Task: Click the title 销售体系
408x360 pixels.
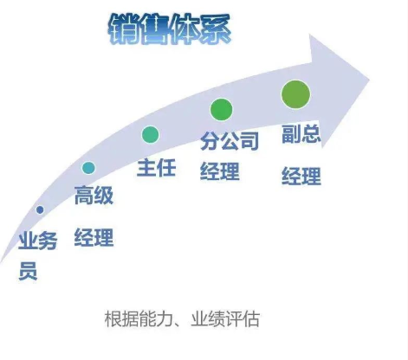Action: pos(170,29)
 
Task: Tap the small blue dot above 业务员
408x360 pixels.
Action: pos(40,209)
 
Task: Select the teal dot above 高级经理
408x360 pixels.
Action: pos(88,168)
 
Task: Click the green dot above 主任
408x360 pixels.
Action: pos(150,134)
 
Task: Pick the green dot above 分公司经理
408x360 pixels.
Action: pos(221,109)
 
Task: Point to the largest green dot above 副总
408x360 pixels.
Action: pos(295,94)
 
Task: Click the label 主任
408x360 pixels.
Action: pos(156,168)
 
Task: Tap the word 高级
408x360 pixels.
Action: pos(94,196)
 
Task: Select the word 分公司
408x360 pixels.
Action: pos(230,141)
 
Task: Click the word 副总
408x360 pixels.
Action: pos(301,133)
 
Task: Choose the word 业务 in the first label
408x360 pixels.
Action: pos(37,241)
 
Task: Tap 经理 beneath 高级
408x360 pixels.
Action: pos(94,237)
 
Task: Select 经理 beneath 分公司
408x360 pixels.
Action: pos(220,171)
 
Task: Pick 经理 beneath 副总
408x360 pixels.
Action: pos(301,176)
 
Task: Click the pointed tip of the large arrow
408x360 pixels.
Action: pos(370,80)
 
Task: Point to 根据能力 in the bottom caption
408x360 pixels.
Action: pos(139,319)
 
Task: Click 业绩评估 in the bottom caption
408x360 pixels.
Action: pos(225,319)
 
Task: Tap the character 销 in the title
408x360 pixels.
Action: pos(124,29)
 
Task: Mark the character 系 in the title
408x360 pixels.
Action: pos(216,29)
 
